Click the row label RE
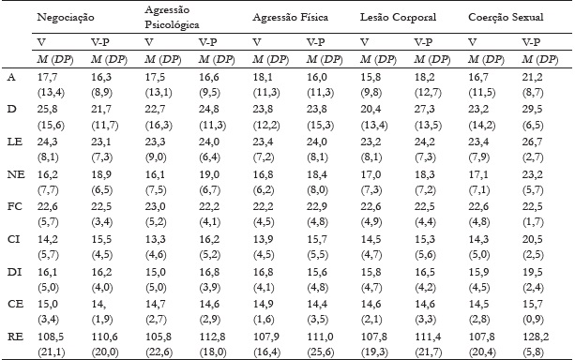point(11,333)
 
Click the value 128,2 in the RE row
point(530,333)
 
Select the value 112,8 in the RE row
point(212,333)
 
